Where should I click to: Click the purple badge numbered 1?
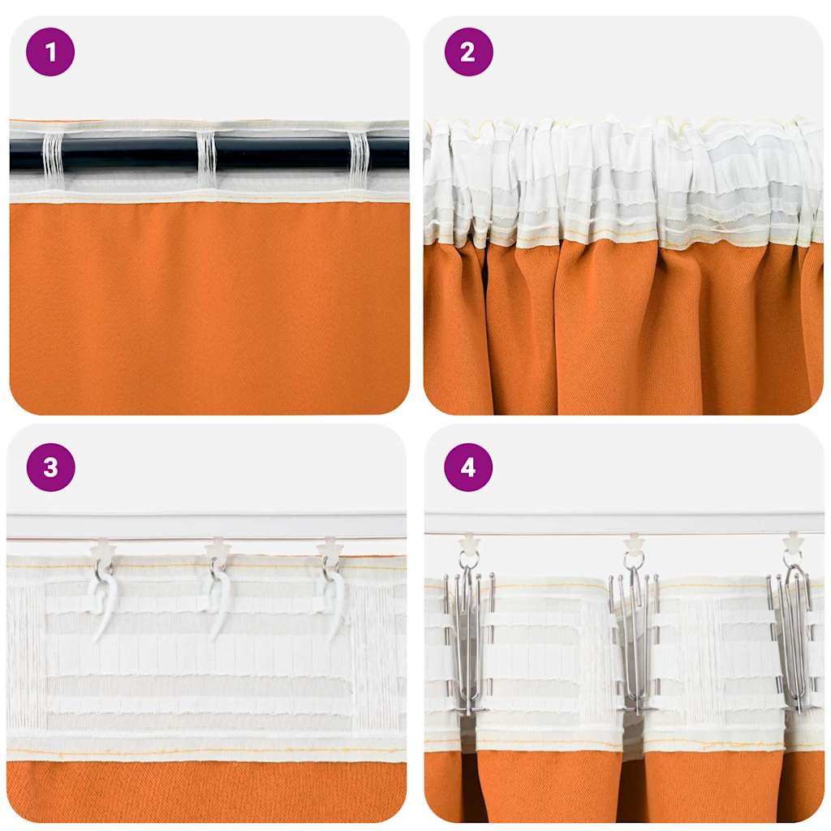click(50, 52)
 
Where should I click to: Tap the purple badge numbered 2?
click(468, 52)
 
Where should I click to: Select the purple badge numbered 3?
click(50, 467)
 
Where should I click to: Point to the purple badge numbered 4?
click(468, 467)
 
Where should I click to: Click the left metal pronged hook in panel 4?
click(468, 641)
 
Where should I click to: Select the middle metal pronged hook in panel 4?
click(634, 641)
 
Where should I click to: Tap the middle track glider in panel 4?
click(634, 542)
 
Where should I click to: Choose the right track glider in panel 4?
click(793, 542)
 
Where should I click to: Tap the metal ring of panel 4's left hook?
click(469, 561)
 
